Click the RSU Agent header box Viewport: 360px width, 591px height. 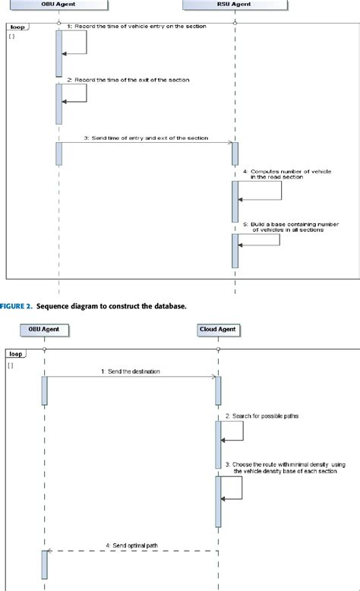[235, 5]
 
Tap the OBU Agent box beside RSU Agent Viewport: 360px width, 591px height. [58, 5]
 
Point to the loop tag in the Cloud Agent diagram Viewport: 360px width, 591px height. [14, 354]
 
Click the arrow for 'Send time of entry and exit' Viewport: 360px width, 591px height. [144, 142]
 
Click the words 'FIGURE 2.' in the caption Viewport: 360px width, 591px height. [15, 306]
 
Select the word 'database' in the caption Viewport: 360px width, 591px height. [166, 306]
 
